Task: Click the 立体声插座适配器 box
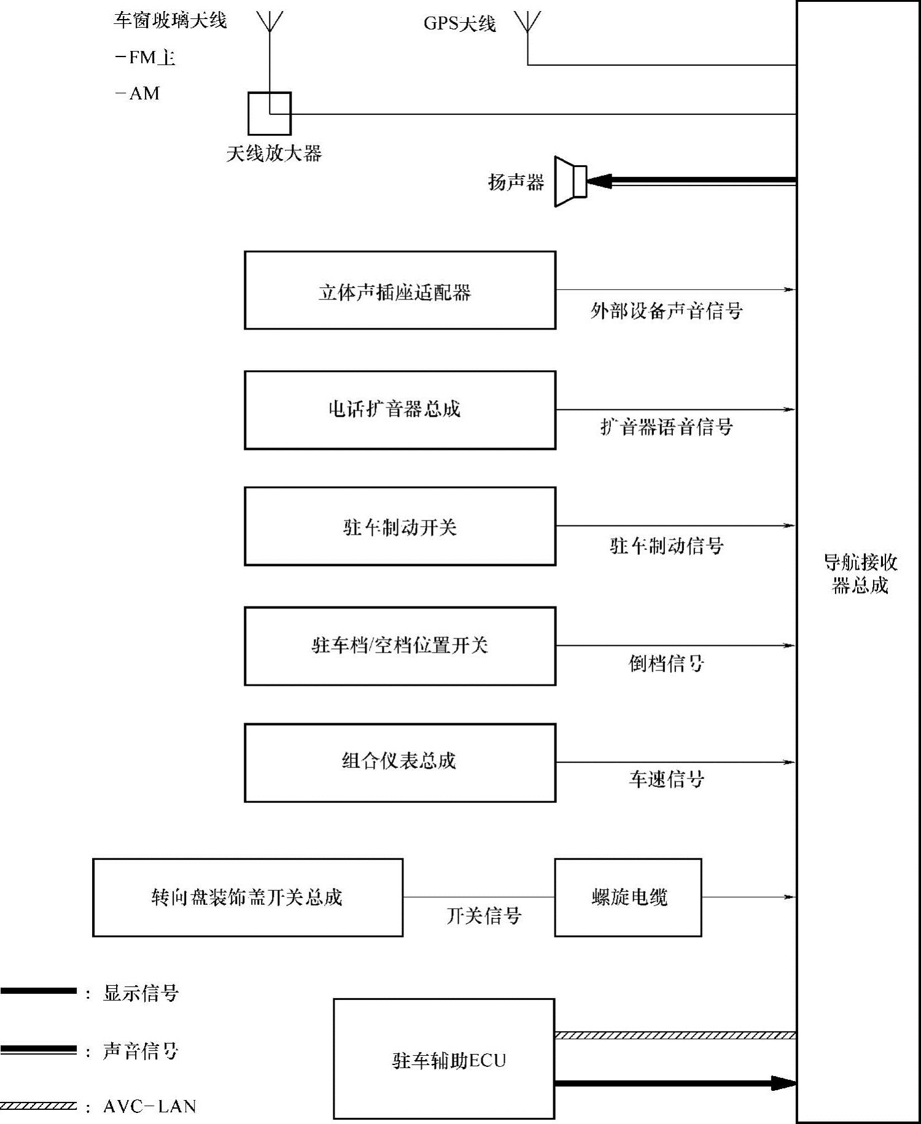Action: pyautogui.click(x=400, y=290)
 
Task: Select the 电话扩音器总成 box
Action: pyautogui.click(x=400, y=410)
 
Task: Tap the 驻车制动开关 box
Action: pyautogui.click(x=400, y=527)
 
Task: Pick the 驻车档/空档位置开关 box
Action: pyautogui.click(x=400, y=646)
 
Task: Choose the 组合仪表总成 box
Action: pyautogui.click(x=400, y=763)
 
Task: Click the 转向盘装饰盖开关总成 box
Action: pyautogui.click(x=247, y=897)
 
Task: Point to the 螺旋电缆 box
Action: pyautogui.click(x=628, y=897)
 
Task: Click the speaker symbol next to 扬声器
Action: pyautogui.click(x=570, y=182)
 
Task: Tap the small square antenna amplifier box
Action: pyautogui.click(x=269, y=114)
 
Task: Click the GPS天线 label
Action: pyautogui.click(x=459, y=24)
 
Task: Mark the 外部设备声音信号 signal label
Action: pyautogui.click(x=666, y=311)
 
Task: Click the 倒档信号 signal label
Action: pyautogui.click(x=666, y=664)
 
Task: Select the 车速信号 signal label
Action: pyautogui.click(x=666, y=780)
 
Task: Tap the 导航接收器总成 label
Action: pyautogui.click(x=860, y=573)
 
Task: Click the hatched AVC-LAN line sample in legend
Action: pyautogui.click(x=38, y=1106)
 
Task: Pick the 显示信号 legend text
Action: pyautogui.click(x=141, y=993)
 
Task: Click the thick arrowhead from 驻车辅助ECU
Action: pyautogui.click(x=783, y=1083)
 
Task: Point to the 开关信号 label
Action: pyautogui.click(x=484, y=916)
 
